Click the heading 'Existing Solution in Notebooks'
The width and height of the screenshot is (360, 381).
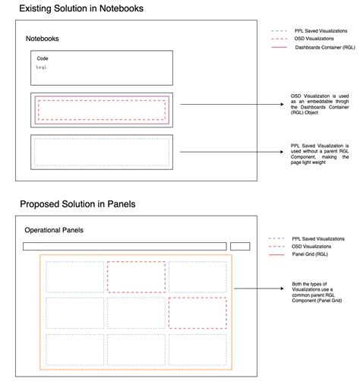pyautogui.click(x=81, y=8)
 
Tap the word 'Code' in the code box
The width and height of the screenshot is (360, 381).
pyautogui.click(x=43, y=58)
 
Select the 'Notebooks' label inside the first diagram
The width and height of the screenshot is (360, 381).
pyautogui.click(x=43, y=38)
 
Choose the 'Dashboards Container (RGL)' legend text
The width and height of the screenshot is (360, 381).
pyautogui.click(x=324, y=47)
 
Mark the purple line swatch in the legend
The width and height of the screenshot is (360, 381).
pyautogui.click(x=278, y=47)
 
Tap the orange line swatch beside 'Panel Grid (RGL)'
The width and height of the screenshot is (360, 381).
pyautogui.click(x=277, y=255)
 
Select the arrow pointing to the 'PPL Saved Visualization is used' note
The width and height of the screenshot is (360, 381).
pyautogui.click(x=227, y=152)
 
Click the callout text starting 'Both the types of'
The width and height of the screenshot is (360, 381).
pyautogui.click(x=317, y=292)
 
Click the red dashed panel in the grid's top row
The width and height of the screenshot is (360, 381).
pyautogui.click(x=136, y=276)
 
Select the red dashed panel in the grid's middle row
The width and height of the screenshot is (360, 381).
pyautogui.click(x=197, y=312)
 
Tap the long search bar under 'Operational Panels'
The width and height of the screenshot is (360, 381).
pyautogui.click(x=125, y=246)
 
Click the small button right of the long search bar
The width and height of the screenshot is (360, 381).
pyautogui.click(x=240, y=246)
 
